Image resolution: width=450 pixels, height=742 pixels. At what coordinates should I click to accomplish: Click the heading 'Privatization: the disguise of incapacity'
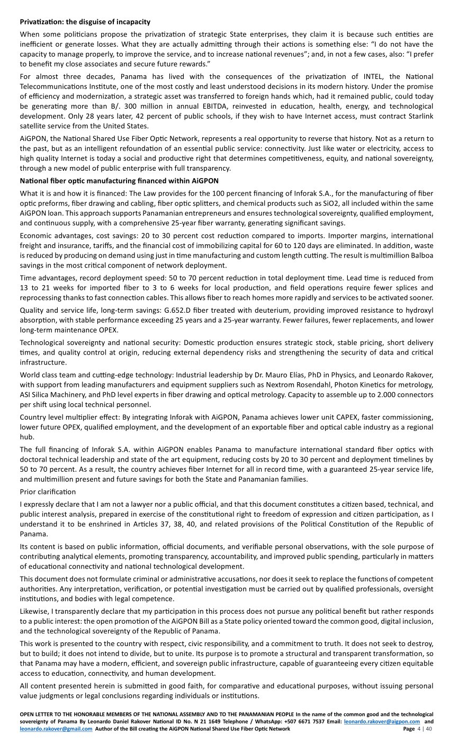click(85, 22)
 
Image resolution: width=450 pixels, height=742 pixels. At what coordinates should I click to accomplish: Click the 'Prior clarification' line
click(48, 492)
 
